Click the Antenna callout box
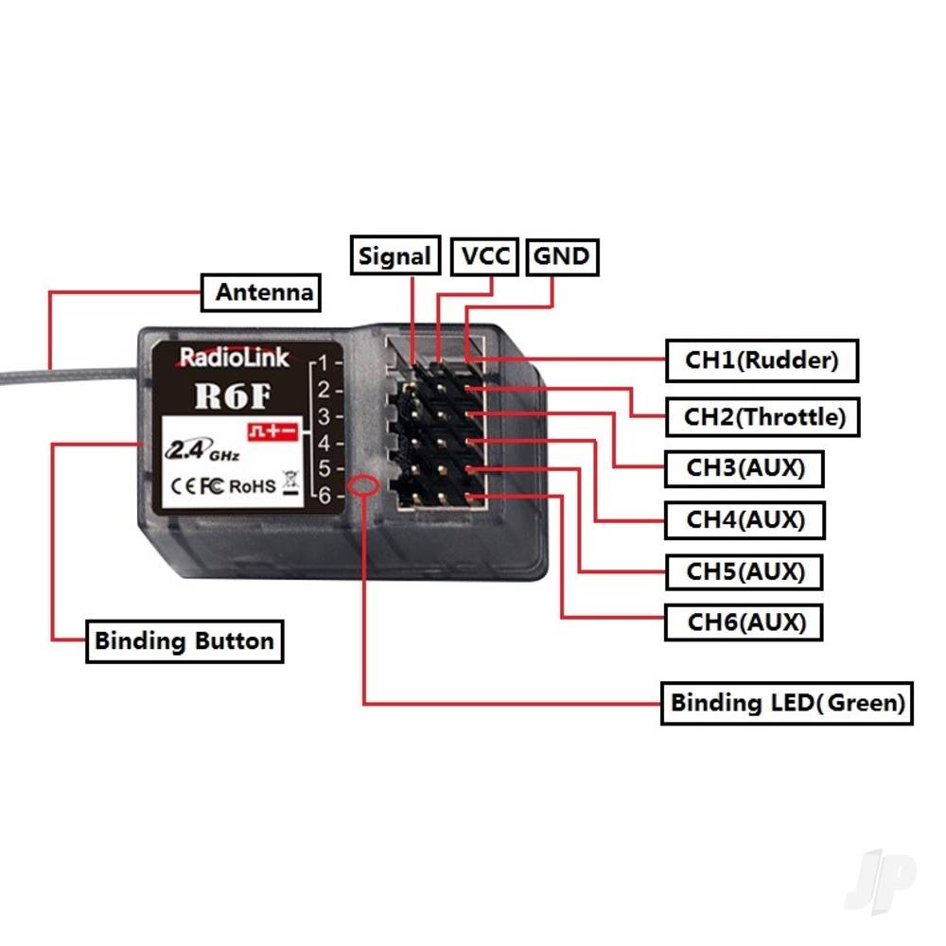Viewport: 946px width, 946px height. [x=262, y=292]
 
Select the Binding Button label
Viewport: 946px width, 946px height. [x=184, y=640]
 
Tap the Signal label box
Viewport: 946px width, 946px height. [x=395, y=256]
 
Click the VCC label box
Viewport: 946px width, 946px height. [x=484, y=256]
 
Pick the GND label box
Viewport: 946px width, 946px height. [x=561, y=256]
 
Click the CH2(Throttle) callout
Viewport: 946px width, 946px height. [x=763, y=416]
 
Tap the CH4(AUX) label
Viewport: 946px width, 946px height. [x=745, y=519]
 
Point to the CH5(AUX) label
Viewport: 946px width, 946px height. [x=745, y=571]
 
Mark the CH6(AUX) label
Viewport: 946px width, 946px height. [x=745, y=622]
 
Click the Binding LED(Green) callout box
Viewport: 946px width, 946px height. [x=786, y=703]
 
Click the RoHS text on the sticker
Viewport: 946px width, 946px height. [x=253, y=485]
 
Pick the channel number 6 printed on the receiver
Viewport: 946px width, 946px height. [x=324, y=495]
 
